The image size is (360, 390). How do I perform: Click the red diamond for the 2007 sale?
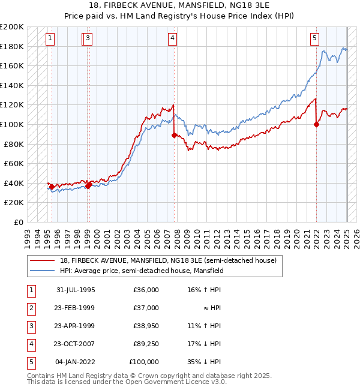tap(174, 135)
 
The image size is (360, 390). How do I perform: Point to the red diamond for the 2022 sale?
tap(316, 125)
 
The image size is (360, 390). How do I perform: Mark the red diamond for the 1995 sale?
tap(52, 187)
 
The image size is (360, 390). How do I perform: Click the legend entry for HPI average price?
tap(142, 271)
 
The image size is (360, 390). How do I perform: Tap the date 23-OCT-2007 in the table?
tap(74, 344)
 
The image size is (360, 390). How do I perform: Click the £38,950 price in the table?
tap(145, 326)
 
